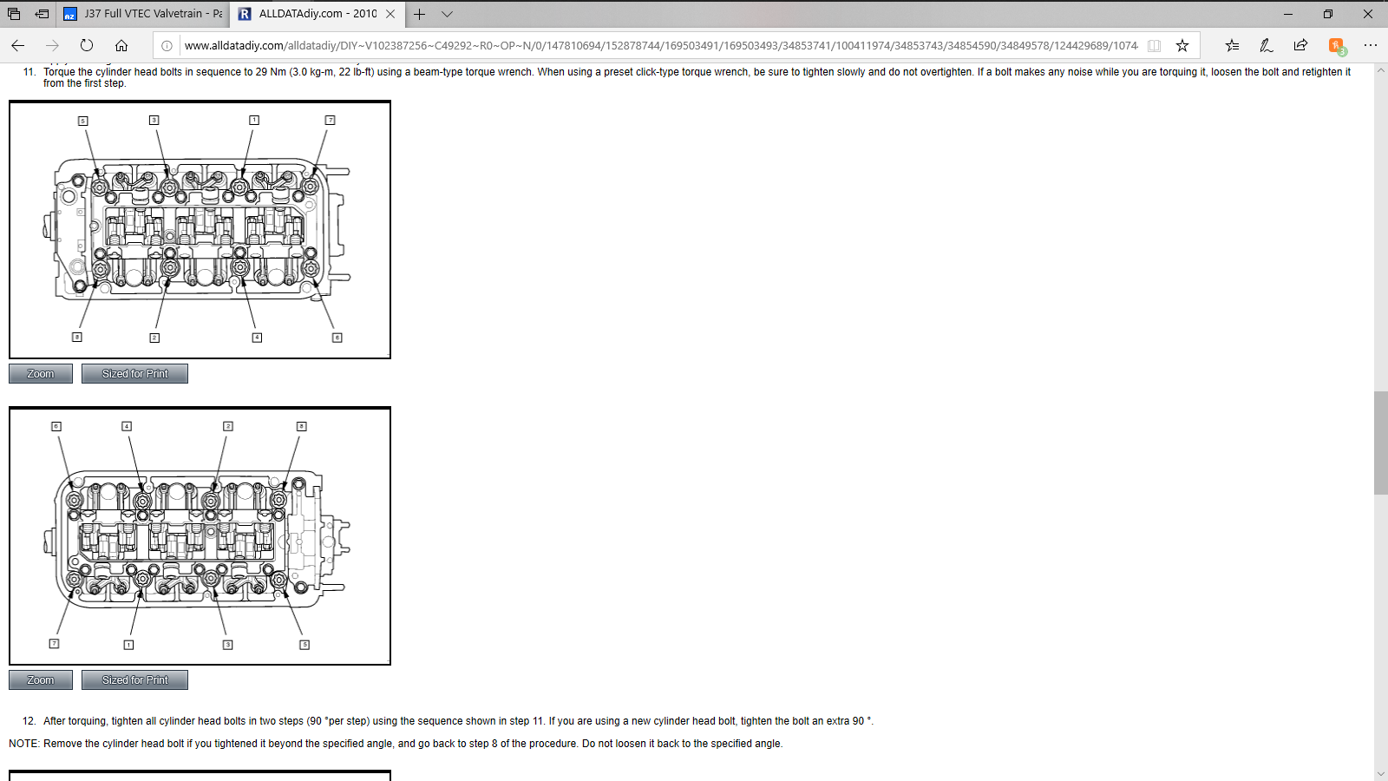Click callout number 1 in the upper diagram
pos(254,121)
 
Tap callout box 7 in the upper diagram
pos(331,121)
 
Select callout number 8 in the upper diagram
pos(77,338)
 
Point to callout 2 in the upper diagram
pos(154,338)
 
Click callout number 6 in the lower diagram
pos(56,426)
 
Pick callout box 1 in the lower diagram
pos(129,645)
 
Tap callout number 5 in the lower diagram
pos(304,645)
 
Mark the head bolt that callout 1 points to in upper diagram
pos(239,186)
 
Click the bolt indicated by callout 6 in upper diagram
pos(311,268)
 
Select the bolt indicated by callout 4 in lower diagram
pos(142,500)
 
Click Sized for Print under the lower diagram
pos(134,680)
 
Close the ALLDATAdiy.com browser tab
pos(390,14)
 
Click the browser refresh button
pos(87,45)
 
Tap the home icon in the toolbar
pos(121,45)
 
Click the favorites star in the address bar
pos(1182,45)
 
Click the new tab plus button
pos(420,14)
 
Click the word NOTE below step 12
pos(23,743)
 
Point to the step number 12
pos(29,721)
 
